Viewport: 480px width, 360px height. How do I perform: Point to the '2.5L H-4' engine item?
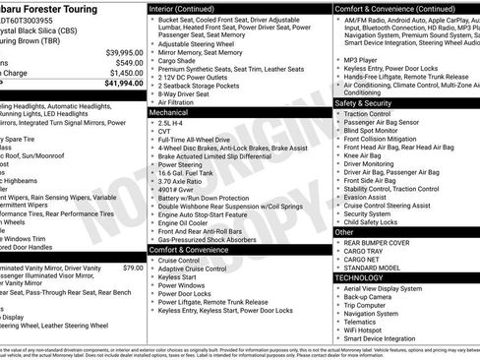(173, 124)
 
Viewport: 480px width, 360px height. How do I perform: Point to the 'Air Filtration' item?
(182, 102)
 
